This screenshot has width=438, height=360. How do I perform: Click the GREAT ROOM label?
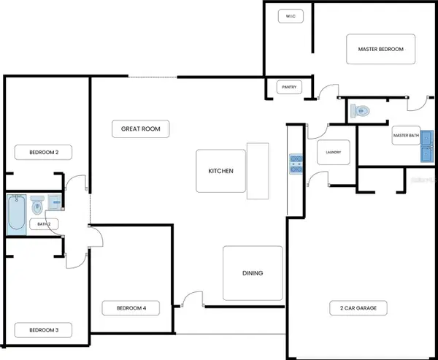pos(140,129)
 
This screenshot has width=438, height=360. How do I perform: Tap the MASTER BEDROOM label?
pos(381,49)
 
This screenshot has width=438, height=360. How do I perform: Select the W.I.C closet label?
pos(291,16)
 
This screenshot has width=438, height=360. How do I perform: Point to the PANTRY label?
pos(289,87)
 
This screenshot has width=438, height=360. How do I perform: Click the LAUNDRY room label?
pos(334,153)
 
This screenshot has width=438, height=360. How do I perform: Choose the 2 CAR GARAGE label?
pos(358,308)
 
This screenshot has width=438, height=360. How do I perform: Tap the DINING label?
pos(253,273)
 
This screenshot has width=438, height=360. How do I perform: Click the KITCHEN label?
pos(220,171)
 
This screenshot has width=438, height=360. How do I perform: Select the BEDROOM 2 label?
pos(44,153)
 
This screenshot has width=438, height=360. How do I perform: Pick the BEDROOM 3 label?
pos(44,330)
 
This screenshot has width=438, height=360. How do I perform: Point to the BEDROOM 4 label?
pos(131,308)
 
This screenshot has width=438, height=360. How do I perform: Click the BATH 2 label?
pos(44,224)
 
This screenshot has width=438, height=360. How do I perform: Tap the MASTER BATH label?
pos(406,135)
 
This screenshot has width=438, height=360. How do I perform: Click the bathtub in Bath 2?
pos(16,215)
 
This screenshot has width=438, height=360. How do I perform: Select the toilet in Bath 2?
pos(37,205)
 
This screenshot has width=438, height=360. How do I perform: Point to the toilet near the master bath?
pos(360,111)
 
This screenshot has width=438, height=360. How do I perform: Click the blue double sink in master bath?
pos(427,146)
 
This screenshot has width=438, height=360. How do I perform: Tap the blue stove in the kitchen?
pos(296,164)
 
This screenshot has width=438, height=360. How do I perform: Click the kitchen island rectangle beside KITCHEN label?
pos(258,171)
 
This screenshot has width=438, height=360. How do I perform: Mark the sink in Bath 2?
pos(55,202)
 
